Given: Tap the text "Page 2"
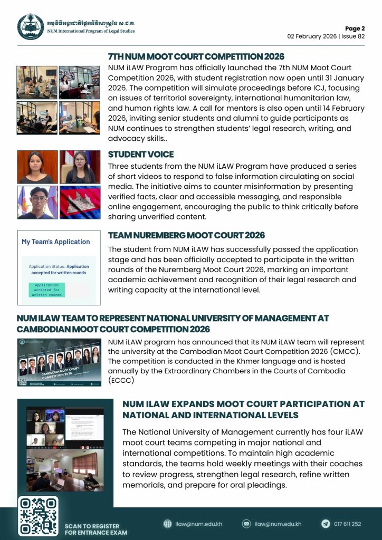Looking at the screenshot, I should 355,28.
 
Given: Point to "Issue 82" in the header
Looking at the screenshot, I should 350,37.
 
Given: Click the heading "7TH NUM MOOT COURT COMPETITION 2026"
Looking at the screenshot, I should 196,57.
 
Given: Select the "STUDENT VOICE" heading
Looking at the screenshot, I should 141,155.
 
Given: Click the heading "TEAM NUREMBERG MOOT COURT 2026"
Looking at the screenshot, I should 186,235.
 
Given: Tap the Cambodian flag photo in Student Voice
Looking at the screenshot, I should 80,202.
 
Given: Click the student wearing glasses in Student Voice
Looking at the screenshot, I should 37,202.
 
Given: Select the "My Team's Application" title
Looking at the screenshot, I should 56,242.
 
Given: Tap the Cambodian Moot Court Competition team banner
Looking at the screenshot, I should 59,362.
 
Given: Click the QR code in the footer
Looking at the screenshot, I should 38,516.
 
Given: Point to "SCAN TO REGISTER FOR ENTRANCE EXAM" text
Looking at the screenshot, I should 92,529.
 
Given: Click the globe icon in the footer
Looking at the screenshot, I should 168,524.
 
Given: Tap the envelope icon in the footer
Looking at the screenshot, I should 246,524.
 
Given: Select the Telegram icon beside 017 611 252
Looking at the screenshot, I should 326,524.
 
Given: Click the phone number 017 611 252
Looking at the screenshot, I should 348,524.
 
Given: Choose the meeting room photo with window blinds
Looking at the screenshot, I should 65,469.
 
